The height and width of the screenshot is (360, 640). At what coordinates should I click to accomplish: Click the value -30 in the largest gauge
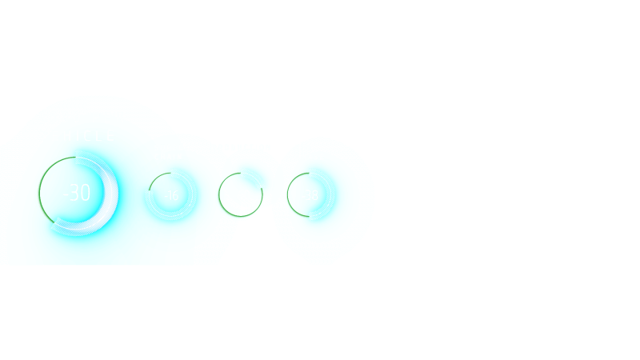pos(77,193)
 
